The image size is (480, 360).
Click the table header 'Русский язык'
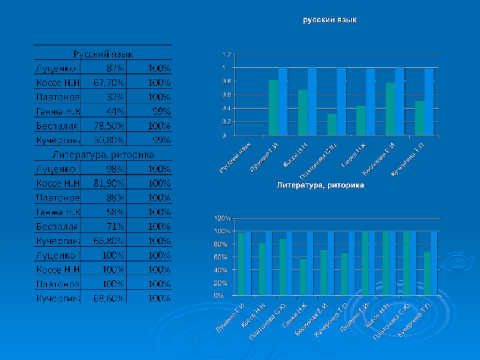pyautogui.click(x=103, y=53)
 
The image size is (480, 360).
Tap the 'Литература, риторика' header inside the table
pyautogui.click(x=103, y=154)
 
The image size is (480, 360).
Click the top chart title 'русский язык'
pyautogui.click(x=329, y=20)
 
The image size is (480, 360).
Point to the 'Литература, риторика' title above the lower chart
pyautogui.click(x=320, y=186)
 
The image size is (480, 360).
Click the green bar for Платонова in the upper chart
pyautogui.click(x=331, y=125)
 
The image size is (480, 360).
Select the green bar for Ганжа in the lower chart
pyautogui.click(x=302, y=277)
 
